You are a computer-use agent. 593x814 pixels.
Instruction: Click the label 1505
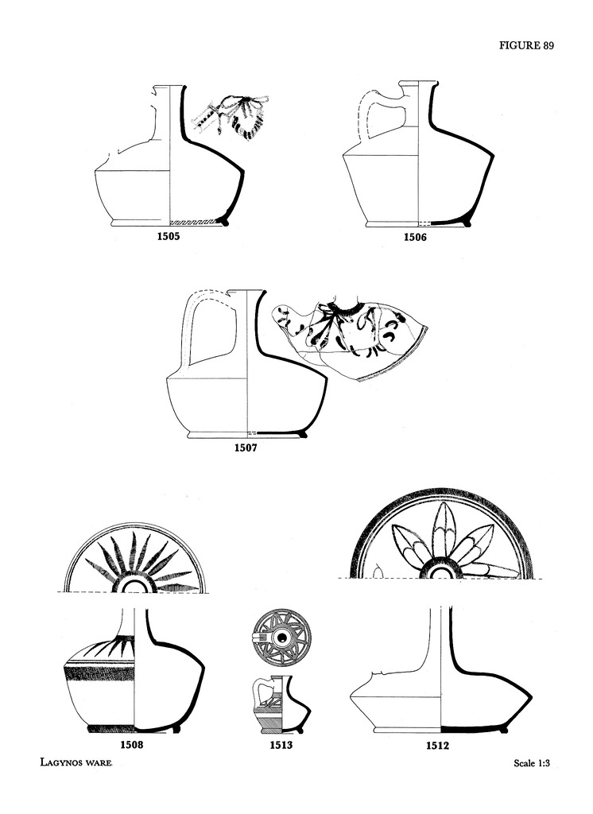click(169, 237)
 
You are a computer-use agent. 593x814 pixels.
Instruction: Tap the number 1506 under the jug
click(415, 237)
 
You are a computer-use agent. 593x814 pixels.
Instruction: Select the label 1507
click(245, 448)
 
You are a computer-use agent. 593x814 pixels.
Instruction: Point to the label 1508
click(131, 744)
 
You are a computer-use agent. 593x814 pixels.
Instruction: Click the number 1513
click(281, 745)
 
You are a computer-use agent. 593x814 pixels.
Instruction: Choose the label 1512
click(437, 746)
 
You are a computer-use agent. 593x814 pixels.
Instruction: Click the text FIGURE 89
click(526, 45)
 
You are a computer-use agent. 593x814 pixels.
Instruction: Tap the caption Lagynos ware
click(76, 762)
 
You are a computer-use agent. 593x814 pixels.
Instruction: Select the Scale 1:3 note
click(532, 763)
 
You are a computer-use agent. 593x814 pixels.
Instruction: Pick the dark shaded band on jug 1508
click(99, 673)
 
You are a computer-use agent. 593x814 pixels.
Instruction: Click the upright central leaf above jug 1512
click(442, 529)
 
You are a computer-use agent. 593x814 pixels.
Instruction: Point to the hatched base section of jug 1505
click(194, 221)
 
